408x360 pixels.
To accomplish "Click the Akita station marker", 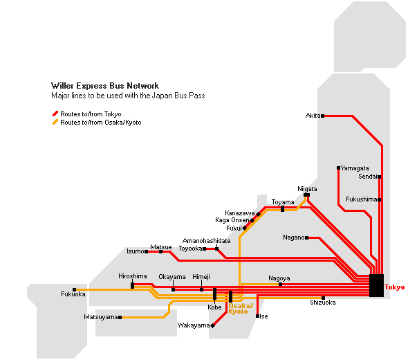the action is pos(323,116).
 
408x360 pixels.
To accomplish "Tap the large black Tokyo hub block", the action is pos(376,285).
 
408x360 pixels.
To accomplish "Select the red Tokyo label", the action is pos(395,287).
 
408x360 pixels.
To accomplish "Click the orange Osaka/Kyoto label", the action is pos(241,309).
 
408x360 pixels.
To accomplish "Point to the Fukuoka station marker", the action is pos(75,289).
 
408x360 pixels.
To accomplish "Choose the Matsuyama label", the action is pos(101,317).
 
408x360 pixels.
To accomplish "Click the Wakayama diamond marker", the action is pos(212,325).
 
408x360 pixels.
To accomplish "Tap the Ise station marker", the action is pos(258,316).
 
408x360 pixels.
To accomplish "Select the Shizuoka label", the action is pos(323,303).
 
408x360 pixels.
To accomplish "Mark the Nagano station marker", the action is pos(307,237).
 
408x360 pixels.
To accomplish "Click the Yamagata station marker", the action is pos(338,168).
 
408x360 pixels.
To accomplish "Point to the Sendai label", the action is pos(368,177).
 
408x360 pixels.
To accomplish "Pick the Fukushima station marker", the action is pos(380,199).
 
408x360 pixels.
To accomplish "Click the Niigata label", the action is pos(307,189).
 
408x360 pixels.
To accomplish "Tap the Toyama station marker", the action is pos(282,208).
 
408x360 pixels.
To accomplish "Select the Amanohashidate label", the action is pos(206,241).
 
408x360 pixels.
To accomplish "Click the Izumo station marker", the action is pos(147,251).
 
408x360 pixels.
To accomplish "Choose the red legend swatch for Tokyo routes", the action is pos(55,114).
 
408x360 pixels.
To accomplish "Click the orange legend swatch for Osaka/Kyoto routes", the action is pos(55,122).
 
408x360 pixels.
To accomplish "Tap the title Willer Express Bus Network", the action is pos(105,86).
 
